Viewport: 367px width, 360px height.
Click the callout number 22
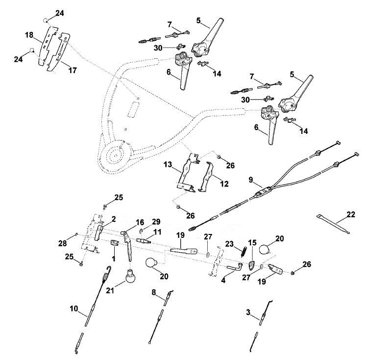[351, 214]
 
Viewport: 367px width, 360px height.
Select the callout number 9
[251, 180]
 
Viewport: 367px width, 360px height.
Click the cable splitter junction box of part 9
[263, 191]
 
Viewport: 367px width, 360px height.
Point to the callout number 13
[168, 165]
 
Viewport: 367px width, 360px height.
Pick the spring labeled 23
[244, 252]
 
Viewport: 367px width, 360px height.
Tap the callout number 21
[110, 290]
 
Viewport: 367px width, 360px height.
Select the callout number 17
[73, 70]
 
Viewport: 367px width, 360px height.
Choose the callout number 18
[29, 35]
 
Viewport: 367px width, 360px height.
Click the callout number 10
[74, 309]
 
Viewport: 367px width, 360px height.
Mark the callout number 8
[154, 292]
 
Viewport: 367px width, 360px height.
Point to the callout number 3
[248, 312]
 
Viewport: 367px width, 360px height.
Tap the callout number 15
[252, 243]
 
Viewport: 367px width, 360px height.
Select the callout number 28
[63, 243]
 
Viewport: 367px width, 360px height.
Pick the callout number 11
[157, 232]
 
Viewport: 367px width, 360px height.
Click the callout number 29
[156, 222]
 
